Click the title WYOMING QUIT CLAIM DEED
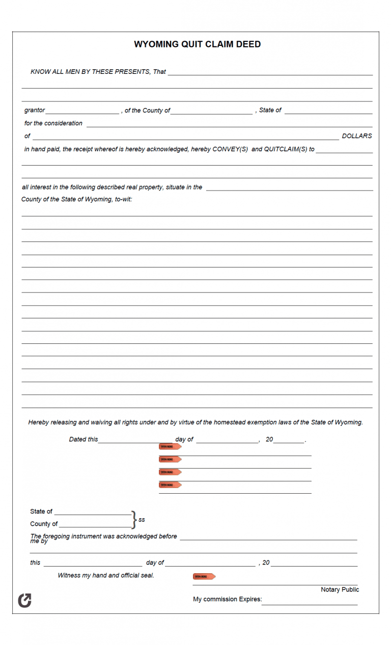pos(197,44)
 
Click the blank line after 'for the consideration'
pos(229,124)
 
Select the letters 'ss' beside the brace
pos(142,520)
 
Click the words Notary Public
pos(340,589)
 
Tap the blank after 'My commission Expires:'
pos(310,602)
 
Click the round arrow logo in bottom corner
pos(24,601)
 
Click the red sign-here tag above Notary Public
pos(204,577)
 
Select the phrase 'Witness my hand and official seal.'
pos(106,575)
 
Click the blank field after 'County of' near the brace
pos(96,525)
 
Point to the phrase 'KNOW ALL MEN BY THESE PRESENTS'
pos(90,72)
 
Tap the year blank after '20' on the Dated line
pos(289,441)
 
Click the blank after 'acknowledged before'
pos(268,537)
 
